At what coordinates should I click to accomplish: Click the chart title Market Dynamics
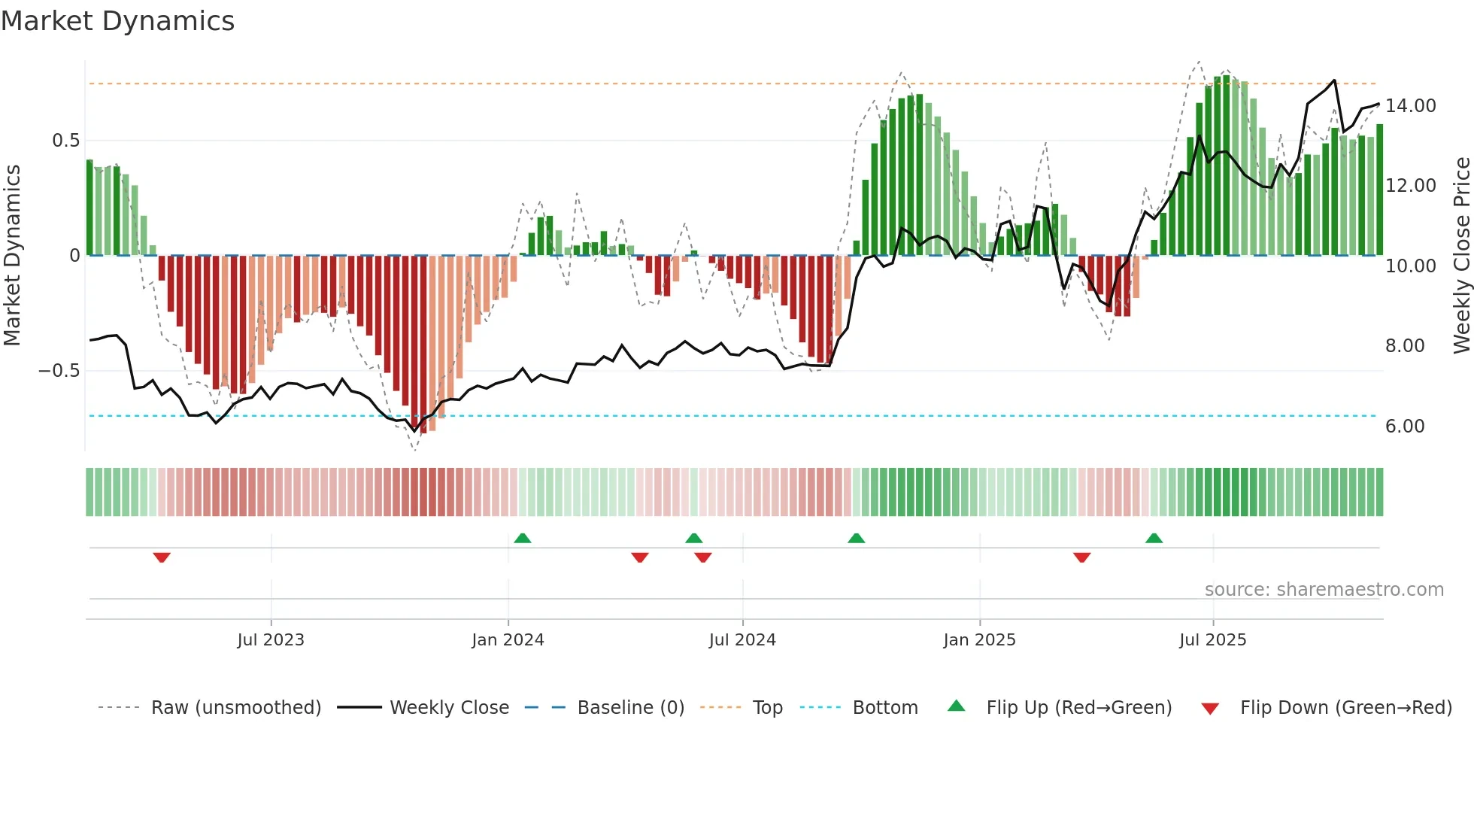118,21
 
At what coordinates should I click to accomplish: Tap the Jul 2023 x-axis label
271,640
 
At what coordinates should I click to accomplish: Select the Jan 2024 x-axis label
508,640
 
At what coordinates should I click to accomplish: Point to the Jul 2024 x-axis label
742,640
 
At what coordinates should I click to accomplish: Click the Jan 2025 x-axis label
979,640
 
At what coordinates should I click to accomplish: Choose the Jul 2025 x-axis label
1212,640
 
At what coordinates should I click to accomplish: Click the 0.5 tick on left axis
65,141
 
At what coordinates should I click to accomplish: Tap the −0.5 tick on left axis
59,371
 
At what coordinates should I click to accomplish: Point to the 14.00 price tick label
1411,106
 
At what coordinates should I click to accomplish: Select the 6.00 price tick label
1405,427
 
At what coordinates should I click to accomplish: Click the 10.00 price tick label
1411,266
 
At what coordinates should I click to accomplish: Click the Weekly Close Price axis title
1461,256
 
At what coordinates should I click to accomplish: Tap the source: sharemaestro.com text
1324,590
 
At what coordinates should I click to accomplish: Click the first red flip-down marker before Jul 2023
162,557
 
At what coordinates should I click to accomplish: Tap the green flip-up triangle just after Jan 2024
523,538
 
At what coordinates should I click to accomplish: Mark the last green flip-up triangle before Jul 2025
1154,538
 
